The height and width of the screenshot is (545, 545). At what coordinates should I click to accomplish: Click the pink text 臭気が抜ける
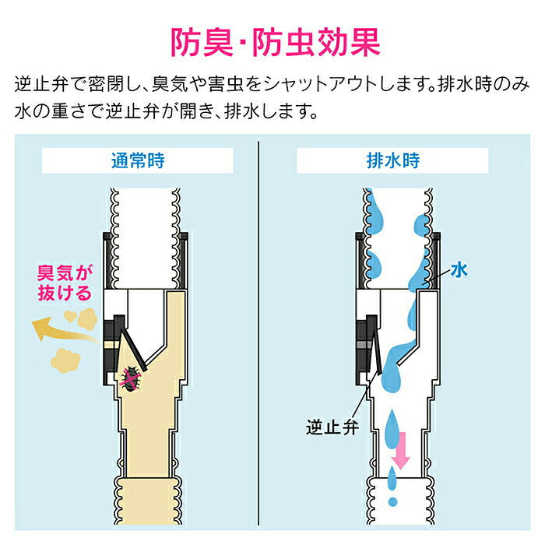click(65, 283)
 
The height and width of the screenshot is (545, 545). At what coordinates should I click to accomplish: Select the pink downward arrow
click(401, 452)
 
